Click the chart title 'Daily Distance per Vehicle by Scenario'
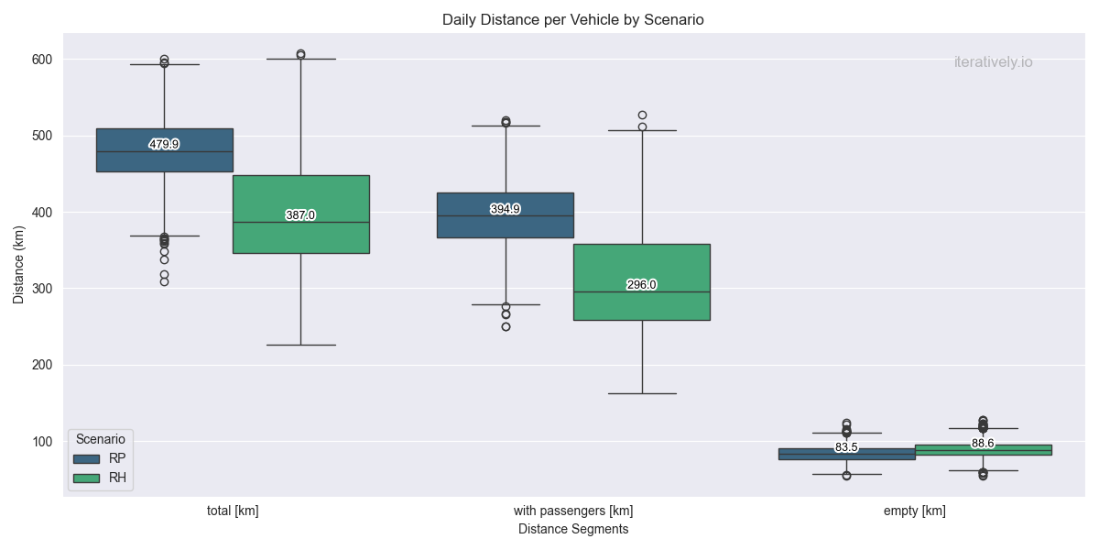tap(572, 19)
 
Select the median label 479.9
tap(164, 145)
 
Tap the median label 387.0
tap(300, 215)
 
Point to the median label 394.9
tap(505, 209)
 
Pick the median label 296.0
tap(641, 285)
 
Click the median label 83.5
tap(846, 447)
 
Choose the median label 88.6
tap(983, 444)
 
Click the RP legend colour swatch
tap(88, 458)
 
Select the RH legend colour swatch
tap(88, 478)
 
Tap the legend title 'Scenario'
tap(101, 439)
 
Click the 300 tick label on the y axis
tap(41, 289)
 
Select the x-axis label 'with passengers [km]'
tap(573, 511)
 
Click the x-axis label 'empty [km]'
tap(914, 511)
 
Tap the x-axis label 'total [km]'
tap(233, 511)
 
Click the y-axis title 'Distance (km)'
tap(19, 265)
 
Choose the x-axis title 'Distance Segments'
tap(573, 529)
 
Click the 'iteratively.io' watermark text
tap(993, 62)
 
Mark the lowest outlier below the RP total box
tap(164, 281)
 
